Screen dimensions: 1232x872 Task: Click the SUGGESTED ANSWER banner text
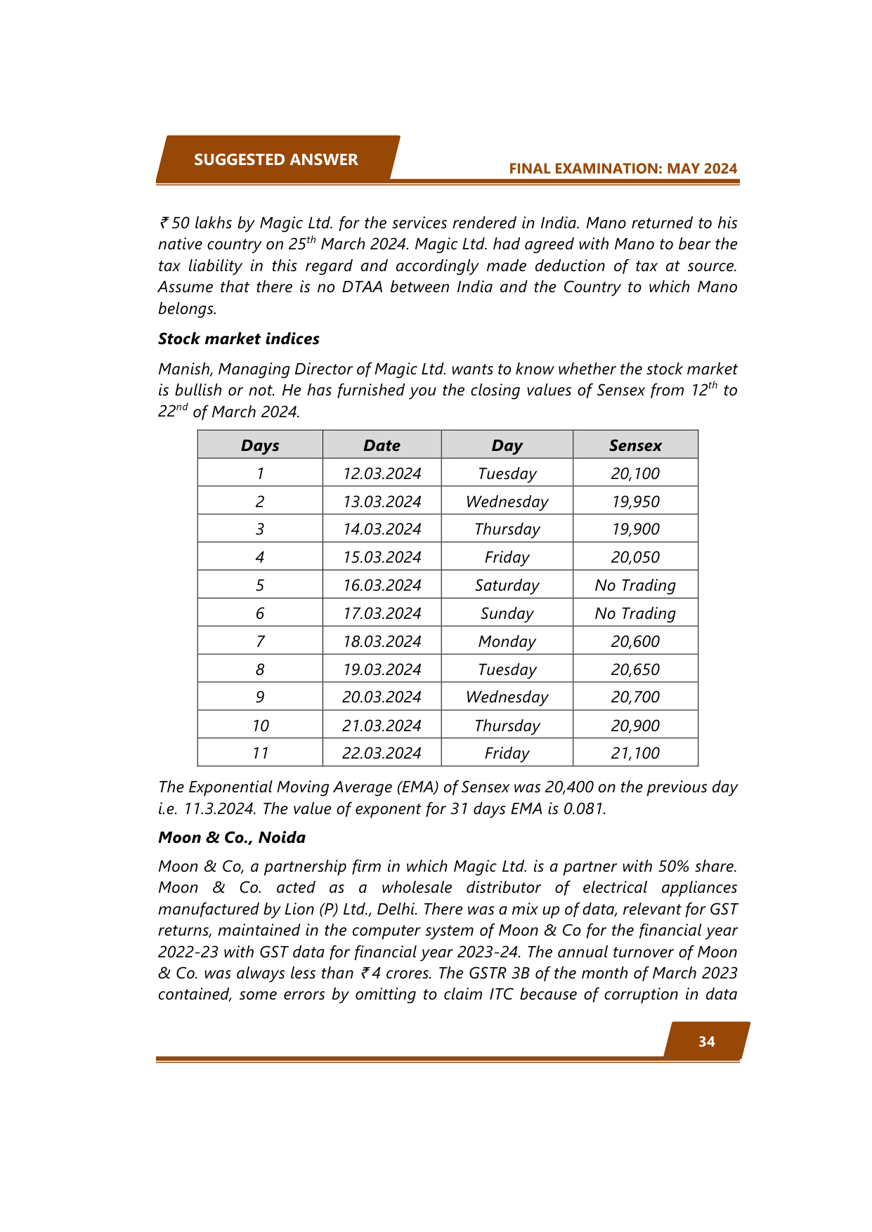click(275, 160)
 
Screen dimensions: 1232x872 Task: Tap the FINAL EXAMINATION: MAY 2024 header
click(623, 169)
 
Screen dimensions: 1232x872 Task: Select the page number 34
click(706, 1042)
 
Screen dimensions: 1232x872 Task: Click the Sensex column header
click(635, 445)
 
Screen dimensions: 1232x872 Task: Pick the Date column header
click(382, 445)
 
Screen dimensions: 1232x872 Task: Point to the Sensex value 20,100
click(635, 473)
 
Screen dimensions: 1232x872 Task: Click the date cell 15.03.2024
click(382, 557)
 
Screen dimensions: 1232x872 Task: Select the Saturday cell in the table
click(507, 585)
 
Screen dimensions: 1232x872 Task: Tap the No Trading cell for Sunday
click(635, 613)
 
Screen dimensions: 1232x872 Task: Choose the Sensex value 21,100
click(635, 753)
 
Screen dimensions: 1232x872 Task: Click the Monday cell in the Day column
click(507, 641)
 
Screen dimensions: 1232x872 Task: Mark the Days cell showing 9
click(260, 697)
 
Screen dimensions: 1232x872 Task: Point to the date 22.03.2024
click(382, 753)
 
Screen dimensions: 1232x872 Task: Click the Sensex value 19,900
click(635, 529)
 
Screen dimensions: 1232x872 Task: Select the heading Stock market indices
click(238, 339)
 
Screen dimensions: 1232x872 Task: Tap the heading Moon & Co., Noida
click(232, 837)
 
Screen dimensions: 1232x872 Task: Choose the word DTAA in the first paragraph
click(362, 287)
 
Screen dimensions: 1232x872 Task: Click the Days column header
click(260, 445)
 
